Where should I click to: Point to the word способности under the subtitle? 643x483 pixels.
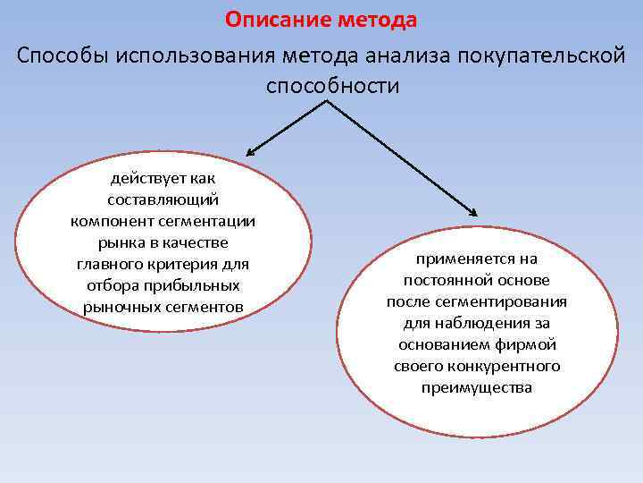(332, 86)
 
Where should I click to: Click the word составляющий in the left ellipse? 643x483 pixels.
(163, 200)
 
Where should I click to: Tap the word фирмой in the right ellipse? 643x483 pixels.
(529, 345)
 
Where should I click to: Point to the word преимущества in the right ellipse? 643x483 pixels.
(476, 388)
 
